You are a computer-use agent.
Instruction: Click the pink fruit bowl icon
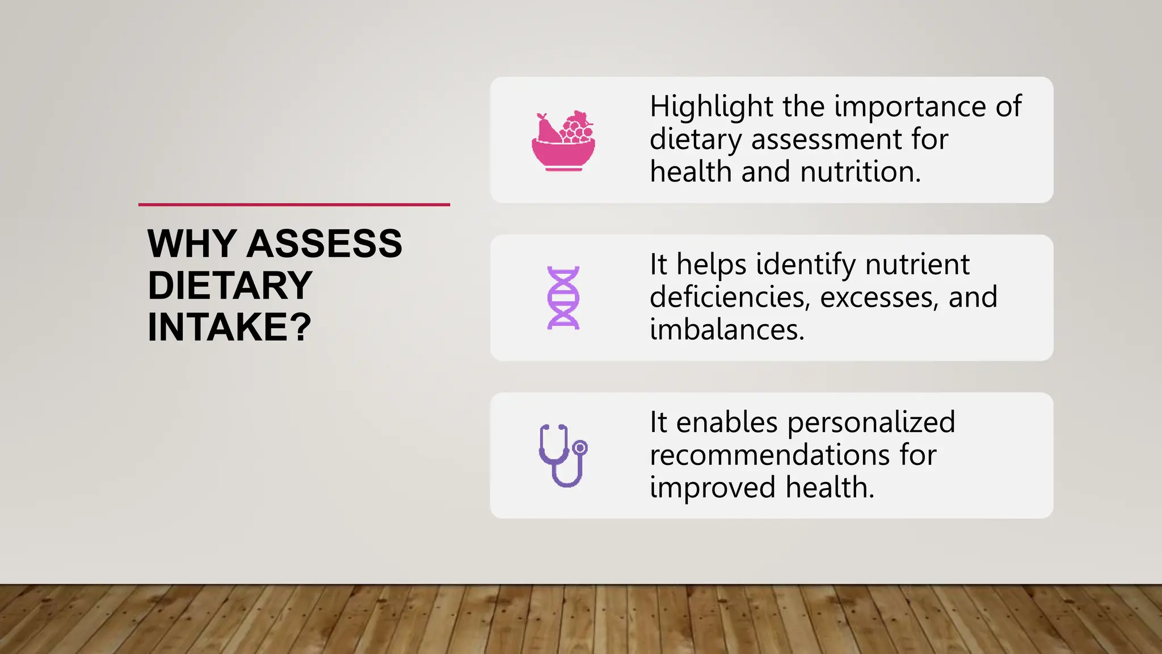pos(563,142)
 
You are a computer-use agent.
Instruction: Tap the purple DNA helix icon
pos(563,297)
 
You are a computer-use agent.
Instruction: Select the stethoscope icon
pos(563,455)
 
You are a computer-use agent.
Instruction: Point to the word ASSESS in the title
pos(325,244)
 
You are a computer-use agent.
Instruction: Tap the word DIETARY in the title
pos(230,286)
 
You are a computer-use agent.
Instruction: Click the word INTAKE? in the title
pos(229,328)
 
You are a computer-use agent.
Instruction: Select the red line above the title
pos(294,204)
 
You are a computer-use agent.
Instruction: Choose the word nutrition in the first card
pos(860,172)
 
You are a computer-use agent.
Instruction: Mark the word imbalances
pos(727,330)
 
